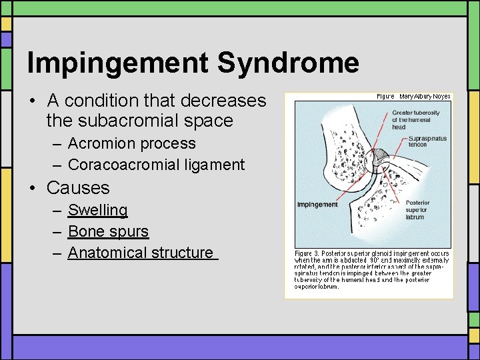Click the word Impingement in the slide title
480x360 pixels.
coord(118,63)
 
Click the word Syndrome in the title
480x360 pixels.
coord(288,63)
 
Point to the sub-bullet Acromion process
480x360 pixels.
coord(131,143)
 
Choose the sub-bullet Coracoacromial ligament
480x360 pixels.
coord(156,165)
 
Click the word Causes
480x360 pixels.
coord(78,187)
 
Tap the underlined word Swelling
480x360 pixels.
coord(97,210)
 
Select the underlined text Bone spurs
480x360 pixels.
coord(108,231)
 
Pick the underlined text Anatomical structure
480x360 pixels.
coord(141,253)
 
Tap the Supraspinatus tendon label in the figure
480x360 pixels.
coord(427,141)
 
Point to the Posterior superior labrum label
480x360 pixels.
coord(417,209)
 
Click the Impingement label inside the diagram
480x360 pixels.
coord(317,205)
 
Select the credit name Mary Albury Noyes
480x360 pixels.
coord(425,97)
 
